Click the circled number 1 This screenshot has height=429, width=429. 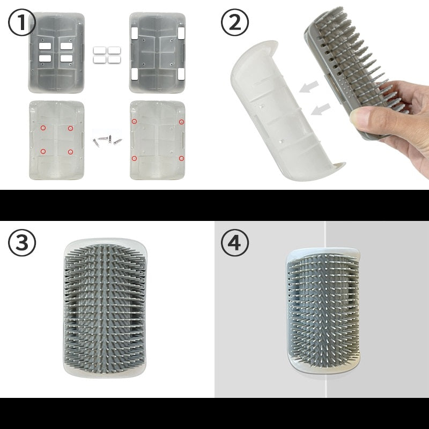[21, 23]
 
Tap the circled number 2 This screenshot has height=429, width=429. [235, 23]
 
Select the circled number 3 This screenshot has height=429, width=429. [22, 243]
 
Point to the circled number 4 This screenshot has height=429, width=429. [235, 243]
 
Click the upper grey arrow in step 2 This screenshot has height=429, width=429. [309, 87]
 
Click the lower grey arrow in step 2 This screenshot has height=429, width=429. [321, 109]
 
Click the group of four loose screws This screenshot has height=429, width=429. [107, 140]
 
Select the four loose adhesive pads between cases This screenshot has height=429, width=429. [107, 55]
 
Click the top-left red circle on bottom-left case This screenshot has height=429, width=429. [43, 128]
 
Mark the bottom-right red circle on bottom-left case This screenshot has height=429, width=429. [71, 152]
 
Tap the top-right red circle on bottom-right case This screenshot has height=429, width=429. [181, 122]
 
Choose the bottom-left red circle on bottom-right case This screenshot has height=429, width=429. [134, 158]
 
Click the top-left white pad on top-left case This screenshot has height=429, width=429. [45, 46]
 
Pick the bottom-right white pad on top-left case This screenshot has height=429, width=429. [66, 58]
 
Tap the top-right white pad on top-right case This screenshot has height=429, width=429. [181, 33]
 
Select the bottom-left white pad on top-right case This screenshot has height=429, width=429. [135, 74]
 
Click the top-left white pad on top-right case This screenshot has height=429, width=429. [135, 33]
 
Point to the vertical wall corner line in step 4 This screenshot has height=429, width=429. [325, 309]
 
